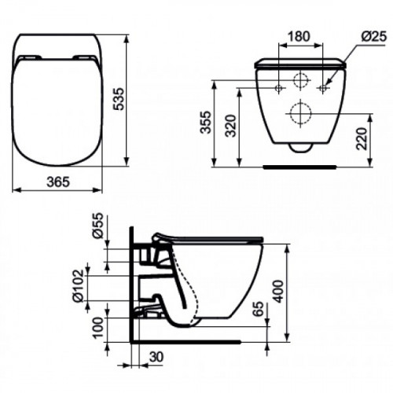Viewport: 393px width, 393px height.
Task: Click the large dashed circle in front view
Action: (299, 112)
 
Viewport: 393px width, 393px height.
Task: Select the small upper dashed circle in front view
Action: (299, 80)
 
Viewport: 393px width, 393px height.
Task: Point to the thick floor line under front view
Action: (299, 167)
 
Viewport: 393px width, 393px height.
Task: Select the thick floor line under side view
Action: (189, 343)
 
